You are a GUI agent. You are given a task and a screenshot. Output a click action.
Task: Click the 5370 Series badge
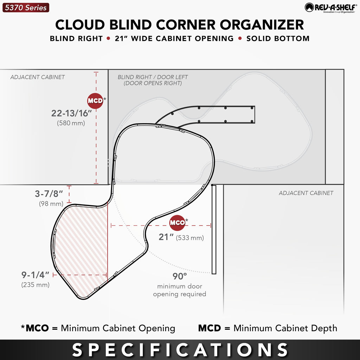tap(26, 8)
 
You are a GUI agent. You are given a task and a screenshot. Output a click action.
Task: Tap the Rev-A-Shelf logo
tap(331, 8)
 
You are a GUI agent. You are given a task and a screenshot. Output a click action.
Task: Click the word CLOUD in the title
tap(80, 25)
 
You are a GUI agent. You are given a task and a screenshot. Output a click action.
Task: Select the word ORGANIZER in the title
tap(262, 25)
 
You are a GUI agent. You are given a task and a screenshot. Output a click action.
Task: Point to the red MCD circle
tap(95, 101)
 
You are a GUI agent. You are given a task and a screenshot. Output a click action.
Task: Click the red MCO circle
tap(177, 223)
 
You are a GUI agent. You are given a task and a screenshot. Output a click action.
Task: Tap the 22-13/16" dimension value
tap(71, 113)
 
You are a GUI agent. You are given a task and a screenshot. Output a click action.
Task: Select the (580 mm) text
tap(71, 123)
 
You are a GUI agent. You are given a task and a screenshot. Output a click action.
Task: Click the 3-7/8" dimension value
tap(49, 194)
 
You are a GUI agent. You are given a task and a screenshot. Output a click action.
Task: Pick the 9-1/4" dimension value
tap(36, 275)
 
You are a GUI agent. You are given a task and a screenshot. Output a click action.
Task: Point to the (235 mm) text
tap(36, 285)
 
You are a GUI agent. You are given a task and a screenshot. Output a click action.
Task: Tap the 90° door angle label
tap(180, 276)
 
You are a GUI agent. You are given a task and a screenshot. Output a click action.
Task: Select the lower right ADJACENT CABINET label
tap(306, 193)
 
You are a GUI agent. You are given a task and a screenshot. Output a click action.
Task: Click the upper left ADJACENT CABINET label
tap(37, 77)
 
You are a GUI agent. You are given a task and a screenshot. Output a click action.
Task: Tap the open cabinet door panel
tap(214, 229)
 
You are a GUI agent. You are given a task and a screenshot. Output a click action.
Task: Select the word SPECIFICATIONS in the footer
tap(180, 350)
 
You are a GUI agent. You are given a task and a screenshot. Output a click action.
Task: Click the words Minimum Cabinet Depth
tap(285, 328)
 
